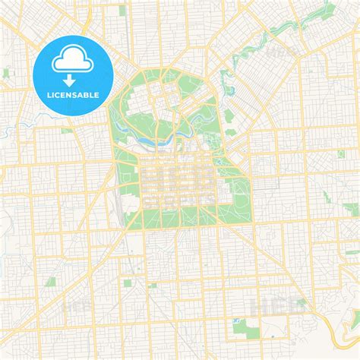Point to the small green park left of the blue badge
point(7,72)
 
